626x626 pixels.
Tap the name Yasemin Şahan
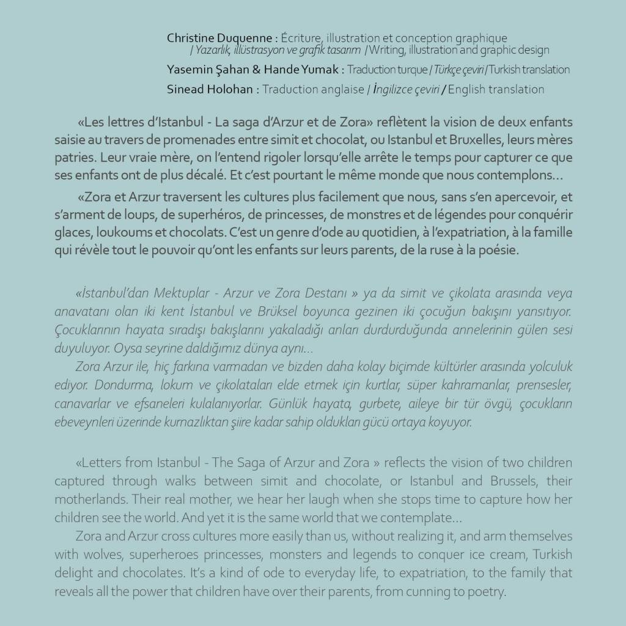196,70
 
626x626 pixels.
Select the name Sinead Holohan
210,89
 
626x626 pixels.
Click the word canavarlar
83,404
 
